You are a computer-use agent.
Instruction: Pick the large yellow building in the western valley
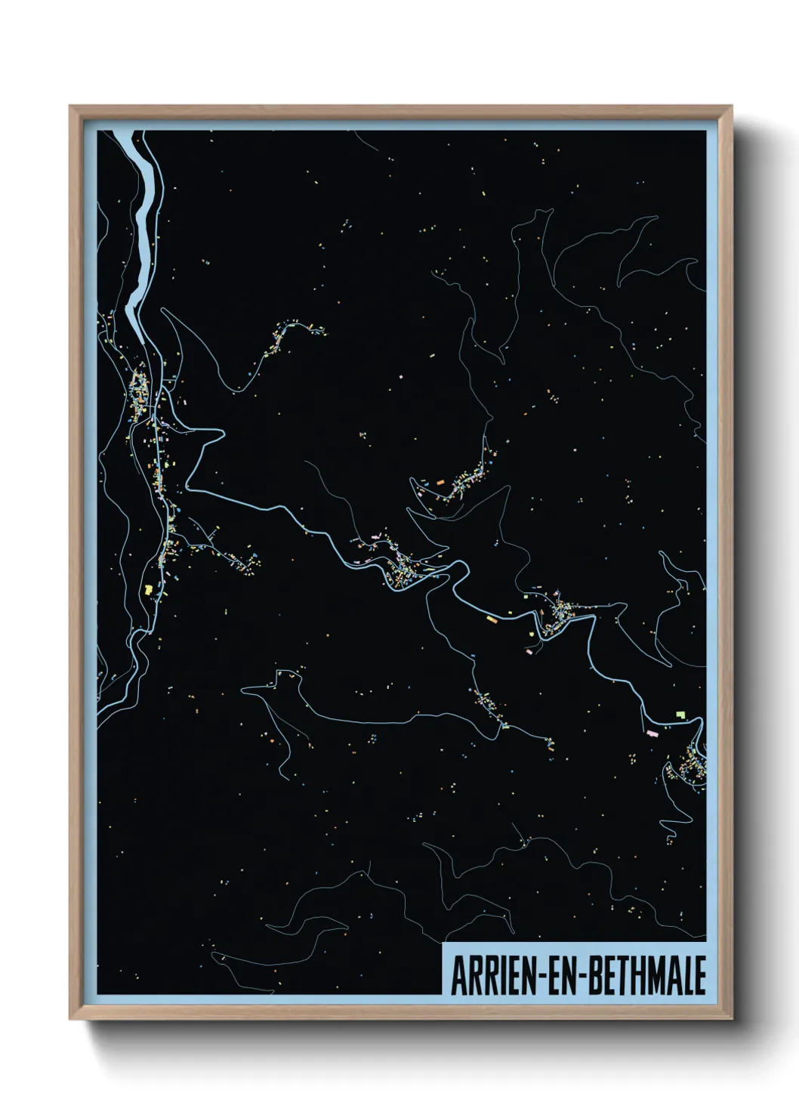[149, 589]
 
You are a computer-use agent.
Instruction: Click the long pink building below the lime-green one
[652, 731]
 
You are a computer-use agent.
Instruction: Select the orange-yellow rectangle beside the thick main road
[492, 619]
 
